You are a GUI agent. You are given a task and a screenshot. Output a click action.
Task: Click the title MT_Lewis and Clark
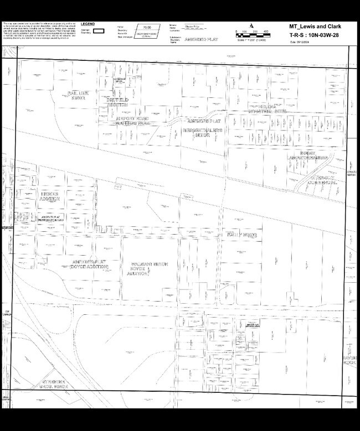click(319, 26)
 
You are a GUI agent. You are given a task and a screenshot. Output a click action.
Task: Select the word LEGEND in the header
click(88, 24)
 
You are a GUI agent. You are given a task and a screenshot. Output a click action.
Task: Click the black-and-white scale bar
click(251, 35)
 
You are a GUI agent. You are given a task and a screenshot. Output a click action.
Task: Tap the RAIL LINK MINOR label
click(78, 95)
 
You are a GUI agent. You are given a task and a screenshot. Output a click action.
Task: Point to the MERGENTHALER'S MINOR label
click(202, 132)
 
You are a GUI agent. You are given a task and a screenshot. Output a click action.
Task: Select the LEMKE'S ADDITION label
click(50, 195)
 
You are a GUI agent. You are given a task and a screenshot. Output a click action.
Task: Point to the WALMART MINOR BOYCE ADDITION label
click(146, 268)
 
